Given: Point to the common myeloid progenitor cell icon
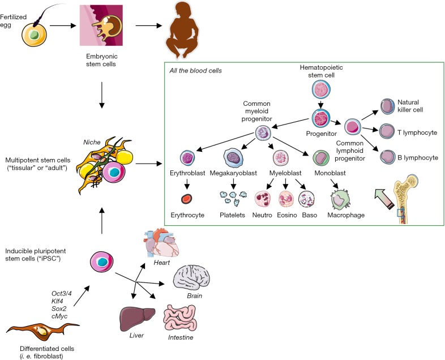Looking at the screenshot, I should point(264,133).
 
